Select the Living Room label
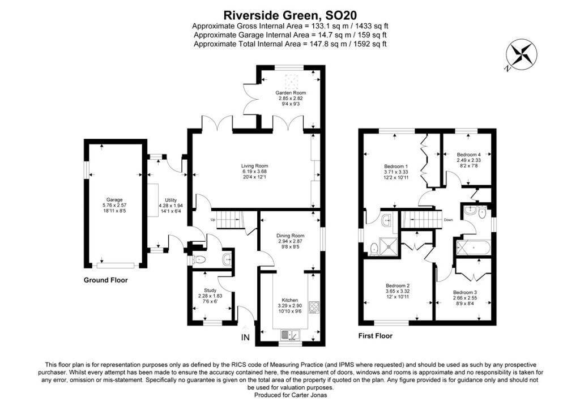click(254, 166)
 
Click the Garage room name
click(112, 200)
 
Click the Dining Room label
click(291, 236)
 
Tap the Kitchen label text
click(289, 300)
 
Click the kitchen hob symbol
click(314, 307)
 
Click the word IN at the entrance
click(245, 338)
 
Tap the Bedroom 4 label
click(469, 155)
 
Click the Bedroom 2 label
click(398, 285)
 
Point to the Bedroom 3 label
click(464, 293)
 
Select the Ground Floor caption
click(106, 280)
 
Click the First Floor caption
click(375, 336)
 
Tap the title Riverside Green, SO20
click(290, 14)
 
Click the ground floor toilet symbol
click(199, 259)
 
